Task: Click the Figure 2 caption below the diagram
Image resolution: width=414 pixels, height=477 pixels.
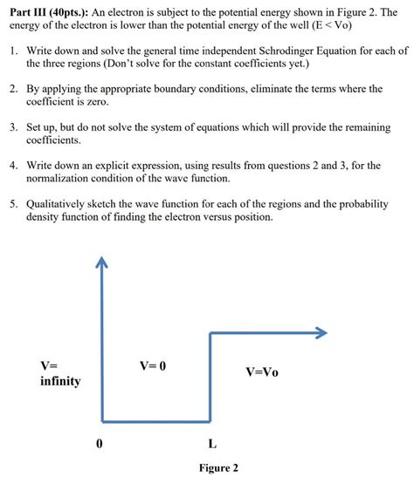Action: (x=217, y=468)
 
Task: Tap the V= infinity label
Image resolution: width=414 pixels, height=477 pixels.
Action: (x=59, y=373)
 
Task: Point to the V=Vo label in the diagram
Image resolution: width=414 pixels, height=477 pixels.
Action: (x=261, y=371)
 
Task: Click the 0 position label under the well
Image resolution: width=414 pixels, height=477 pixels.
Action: (x=100, y=443)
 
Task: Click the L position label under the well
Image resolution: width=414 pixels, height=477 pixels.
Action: (x=212, y=443)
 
